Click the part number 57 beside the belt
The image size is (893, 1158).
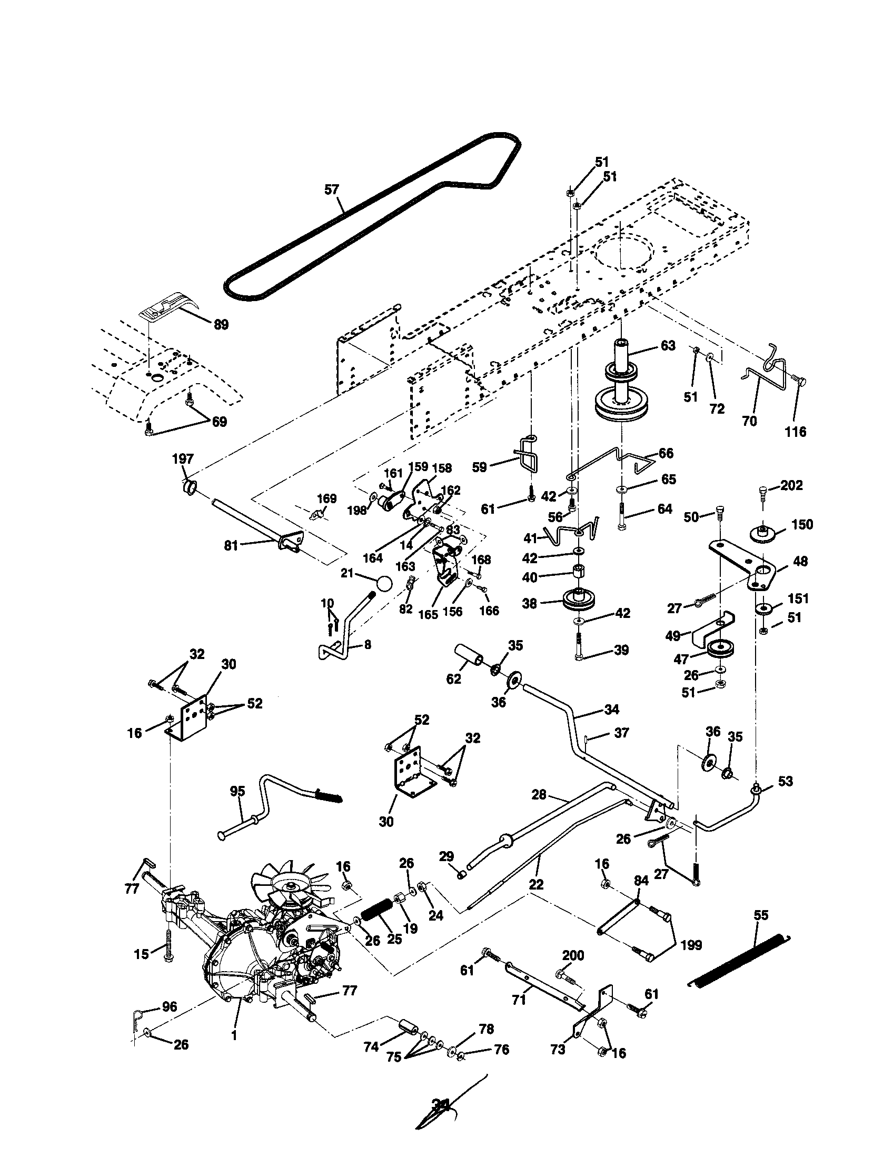(x=331, y=189)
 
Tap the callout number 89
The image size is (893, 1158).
(x=221, y=324)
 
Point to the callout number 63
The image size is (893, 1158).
(x=668, y=346)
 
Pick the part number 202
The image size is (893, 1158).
(x=792, y=485)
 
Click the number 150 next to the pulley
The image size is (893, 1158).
(x=802, y=524)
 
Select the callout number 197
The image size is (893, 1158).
(x=183, y=458)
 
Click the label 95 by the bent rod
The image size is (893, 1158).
(x=237, y=792)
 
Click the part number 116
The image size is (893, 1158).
(x=796, y=432)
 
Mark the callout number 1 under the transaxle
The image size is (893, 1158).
(x=234, y=1034)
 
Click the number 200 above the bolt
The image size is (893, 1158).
(x=573, y=955)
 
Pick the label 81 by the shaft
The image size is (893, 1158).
(x=231, y=545)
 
